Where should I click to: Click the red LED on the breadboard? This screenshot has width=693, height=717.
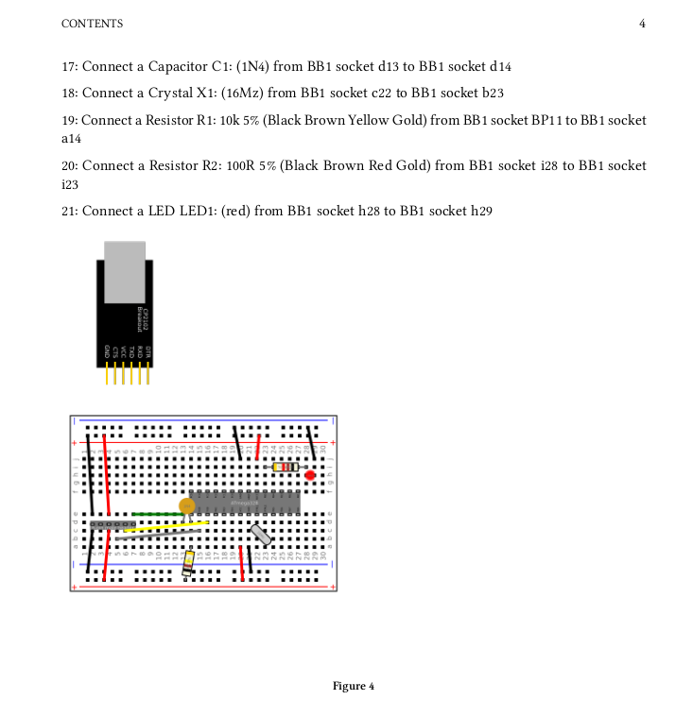(x=310, y=476)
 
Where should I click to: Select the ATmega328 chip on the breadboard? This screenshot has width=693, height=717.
(x=244, y=502)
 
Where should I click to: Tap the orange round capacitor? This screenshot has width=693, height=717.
(x=187, y=506)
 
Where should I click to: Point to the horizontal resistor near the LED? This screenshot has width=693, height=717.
(x=285, y=467)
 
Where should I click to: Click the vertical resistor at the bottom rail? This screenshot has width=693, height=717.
(x=189, y=563)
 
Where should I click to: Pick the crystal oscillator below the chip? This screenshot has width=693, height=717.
(x=261, y=535)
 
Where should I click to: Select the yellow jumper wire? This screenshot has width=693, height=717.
(x=165, y=526)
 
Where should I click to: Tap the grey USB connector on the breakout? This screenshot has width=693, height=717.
(x=125, y=271)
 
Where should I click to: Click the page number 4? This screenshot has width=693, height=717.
(x=642, y=24)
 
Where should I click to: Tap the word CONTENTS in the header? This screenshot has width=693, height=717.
(x=92, y=24)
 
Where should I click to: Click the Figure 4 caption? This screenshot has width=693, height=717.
(x=354, y=686)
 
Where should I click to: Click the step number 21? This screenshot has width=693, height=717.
(x=69, y=211)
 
